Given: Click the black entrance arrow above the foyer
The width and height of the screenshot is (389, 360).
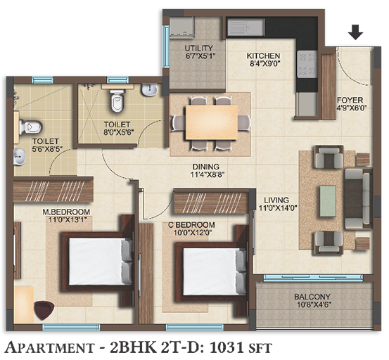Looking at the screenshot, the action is coord(355,32).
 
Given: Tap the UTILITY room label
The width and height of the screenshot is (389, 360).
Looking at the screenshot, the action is coord(199,48).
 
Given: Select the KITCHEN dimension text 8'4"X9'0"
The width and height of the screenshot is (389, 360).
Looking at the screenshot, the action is coord(263,64).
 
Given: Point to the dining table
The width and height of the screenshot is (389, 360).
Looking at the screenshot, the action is coord(211,122).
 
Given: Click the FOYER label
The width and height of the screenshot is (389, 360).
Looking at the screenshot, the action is coord(350,100).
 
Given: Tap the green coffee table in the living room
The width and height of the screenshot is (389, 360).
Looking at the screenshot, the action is coord(328,201).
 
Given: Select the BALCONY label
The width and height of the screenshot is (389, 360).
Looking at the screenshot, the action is coord(312,297).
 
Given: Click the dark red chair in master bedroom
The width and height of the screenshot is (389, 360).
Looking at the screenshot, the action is coord(44,309).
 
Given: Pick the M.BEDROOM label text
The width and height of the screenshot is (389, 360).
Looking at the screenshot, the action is coord(66,212).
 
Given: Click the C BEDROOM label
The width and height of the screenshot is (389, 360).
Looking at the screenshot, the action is coord(191,225).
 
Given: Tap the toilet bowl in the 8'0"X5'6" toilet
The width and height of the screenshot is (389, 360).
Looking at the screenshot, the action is coord(117,101).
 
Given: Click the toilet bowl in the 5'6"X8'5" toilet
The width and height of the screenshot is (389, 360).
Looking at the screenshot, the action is coord(30,127).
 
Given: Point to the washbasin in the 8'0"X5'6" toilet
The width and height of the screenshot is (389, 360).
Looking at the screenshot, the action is coord(149,90).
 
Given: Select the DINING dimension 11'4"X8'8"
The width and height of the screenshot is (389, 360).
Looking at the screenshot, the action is coord(208,175).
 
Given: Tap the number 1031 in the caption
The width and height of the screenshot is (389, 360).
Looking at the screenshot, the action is coord(226,347).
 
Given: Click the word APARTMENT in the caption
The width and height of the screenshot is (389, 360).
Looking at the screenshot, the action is coord(50,347).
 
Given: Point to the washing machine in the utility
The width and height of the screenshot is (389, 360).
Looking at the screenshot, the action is coord(181,26).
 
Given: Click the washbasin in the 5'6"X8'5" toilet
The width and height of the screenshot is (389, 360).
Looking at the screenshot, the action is coord(20,157).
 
